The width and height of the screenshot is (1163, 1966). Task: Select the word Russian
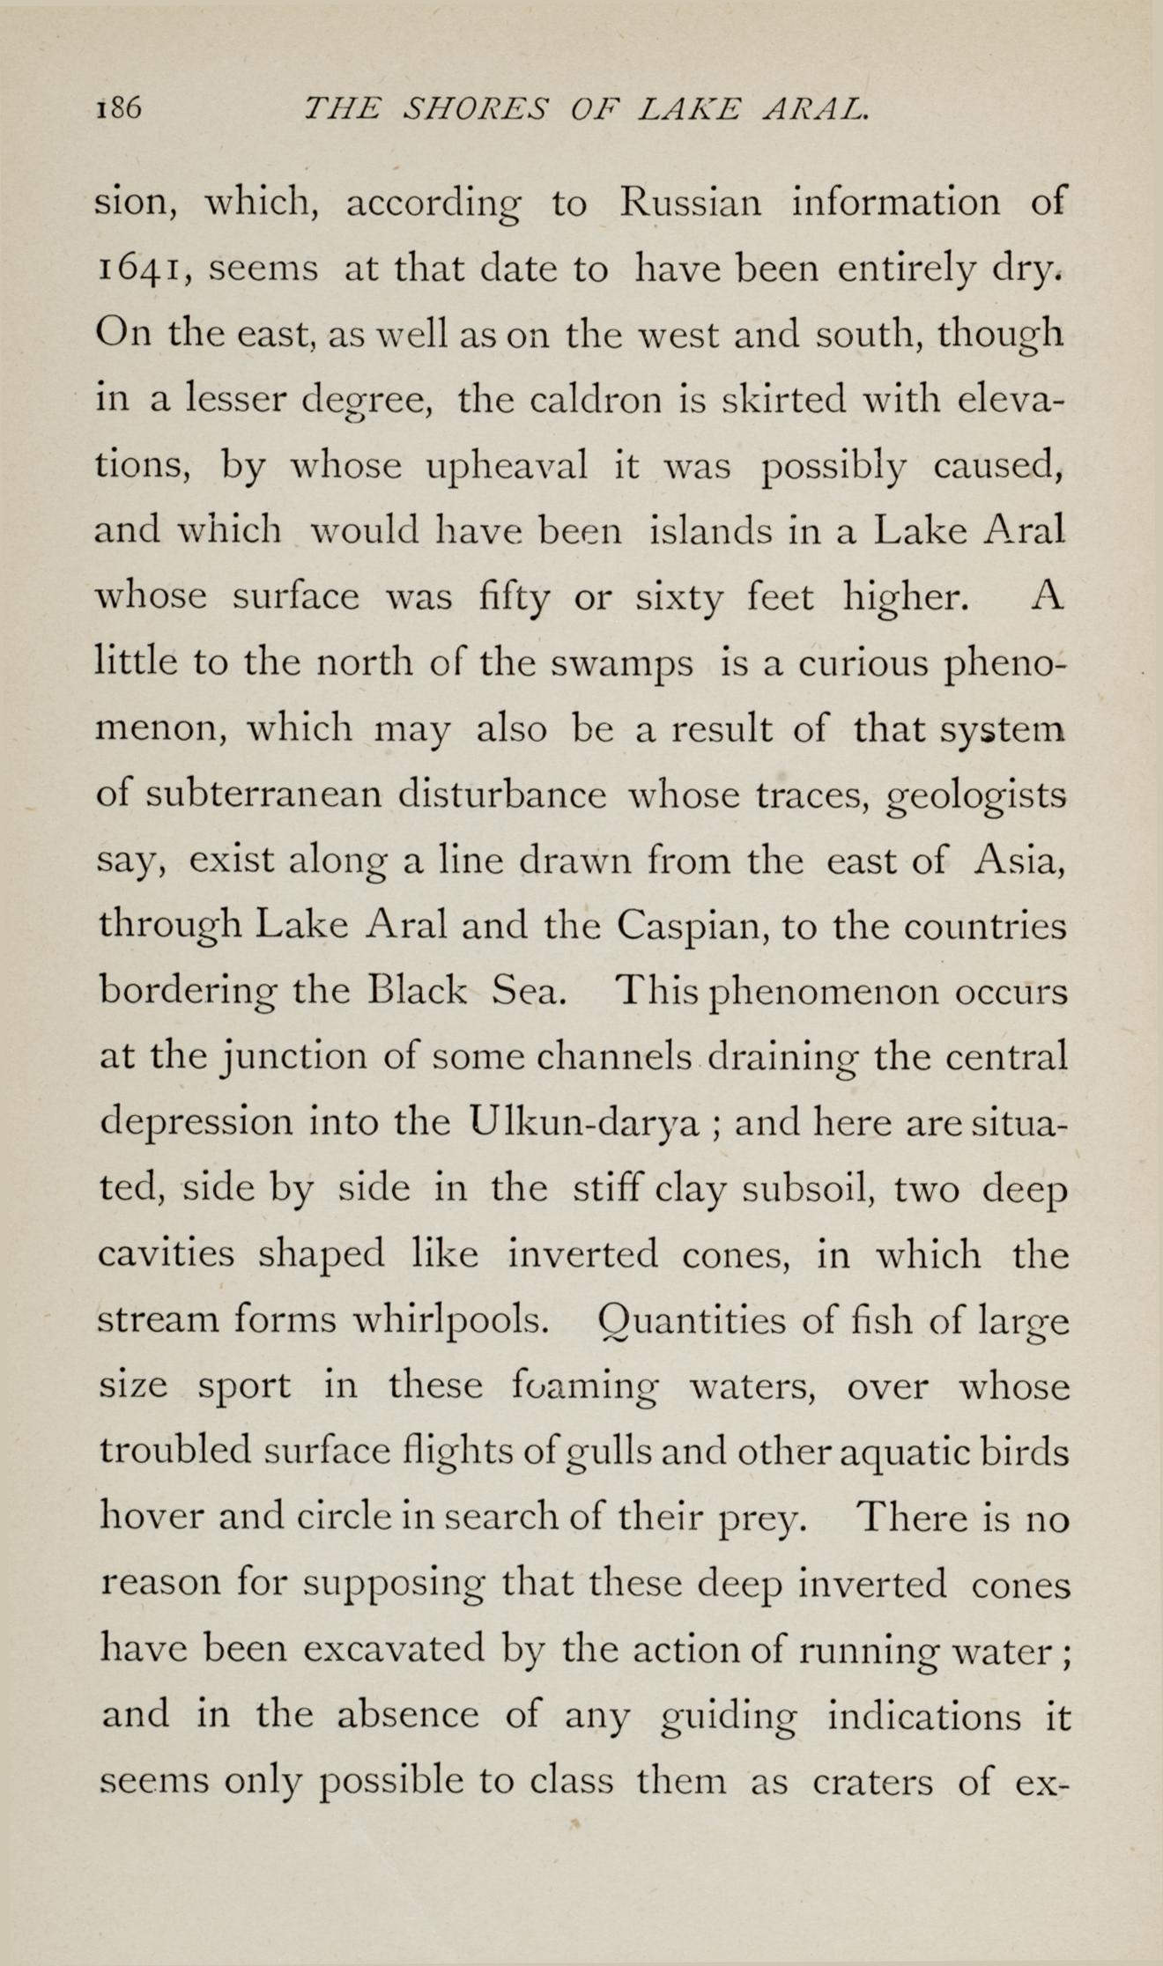[689, 204]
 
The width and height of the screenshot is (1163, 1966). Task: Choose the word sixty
[675, 597]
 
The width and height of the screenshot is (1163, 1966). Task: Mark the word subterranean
[263, 795]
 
